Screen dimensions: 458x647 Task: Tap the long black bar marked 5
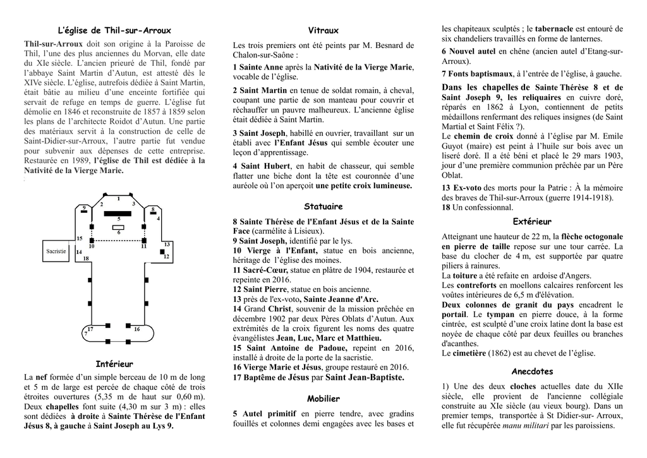(x=118, y=214)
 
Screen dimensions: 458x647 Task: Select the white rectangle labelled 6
(x=119, y=227)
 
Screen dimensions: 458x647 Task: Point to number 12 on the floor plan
(x=166, y=256)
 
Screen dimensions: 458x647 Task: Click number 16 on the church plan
(x=137, y=329)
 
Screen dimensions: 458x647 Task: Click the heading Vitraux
(x=323, y=30)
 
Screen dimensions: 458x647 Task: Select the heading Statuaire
(x=323, y=207)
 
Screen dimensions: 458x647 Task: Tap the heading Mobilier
(x=323, y=399)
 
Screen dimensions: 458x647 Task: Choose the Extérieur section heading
(x=532, y=222)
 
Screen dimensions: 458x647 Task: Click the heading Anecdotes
(x=532, y=371)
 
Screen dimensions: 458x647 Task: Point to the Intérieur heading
(x=114, y=365)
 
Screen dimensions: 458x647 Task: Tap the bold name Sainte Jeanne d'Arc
(x=341, y=299)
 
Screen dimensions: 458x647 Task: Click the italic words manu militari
(x=524, y=426)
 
